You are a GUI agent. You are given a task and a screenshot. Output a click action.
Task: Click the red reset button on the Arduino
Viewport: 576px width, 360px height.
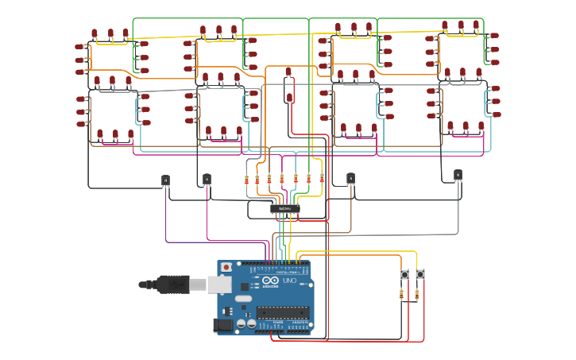226,267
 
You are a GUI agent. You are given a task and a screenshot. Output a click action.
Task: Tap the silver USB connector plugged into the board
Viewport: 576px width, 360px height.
219,284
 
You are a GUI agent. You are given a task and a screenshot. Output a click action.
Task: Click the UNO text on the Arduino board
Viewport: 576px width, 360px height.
289,281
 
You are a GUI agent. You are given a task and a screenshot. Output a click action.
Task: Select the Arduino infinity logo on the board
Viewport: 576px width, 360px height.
271,281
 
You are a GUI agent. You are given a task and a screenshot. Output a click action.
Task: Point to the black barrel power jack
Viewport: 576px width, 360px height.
222,324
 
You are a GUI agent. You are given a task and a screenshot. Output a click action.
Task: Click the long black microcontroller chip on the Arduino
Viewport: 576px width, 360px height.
282,312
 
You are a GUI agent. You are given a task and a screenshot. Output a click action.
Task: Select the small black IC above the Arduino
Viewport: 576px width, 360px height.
284,208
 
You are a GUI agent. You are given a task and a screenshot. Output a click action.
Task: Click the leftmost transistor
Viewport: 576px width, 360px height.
165,181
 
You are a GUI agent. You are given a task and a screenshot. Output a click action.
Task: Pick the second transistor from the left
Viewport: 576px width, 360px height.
207,179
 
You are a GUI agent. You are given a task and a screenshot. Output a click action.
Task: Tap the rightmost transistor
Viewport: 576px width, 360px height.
458,175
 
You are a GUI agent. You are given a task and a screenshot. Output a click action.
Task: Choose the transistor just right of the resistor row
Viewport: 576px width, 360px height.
350,179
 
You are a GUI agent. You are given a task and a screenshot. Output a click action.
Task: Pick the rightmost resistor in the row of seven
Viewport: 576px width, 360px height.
322,178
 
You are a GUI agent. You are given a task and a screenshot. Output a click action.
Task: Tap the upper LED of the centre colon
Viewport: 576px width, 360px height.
288,73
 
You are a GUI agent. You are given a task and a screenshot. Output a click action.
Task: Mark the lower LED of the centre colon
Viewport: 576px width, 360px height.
289,99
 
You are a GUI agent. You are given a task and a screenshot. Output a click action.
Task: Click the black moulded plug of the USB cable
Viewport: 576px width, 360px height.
171,284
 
